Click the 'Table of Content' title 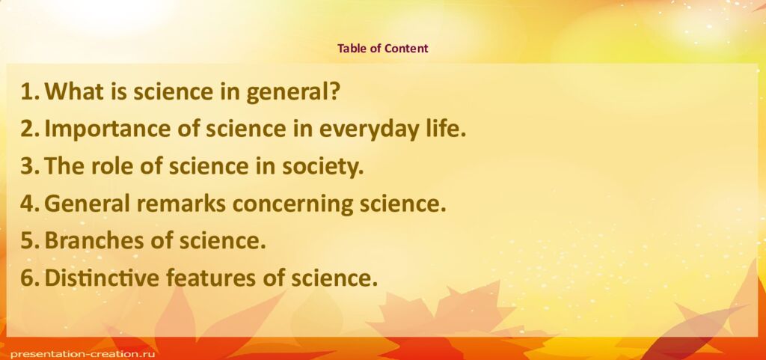pyautogui.click(x=382, y=49)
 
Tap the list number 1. pyautogui.click(x=29, y=92)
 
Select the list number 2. pyautogui.click(x=29, y=129)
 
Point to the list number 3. pyautogui.click(x=29, y=166)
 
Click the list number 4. pyautogui.click(x=29, y=204)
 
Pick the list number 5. pyautogui.click(x=29, y=241)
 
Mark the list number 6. pyautogui.click(x=29, y=278)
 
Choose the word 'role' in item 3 pyautogui.click(x=112, y=166)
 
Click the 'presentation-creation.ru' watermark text pyautogui.click(x=75, y=352)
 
